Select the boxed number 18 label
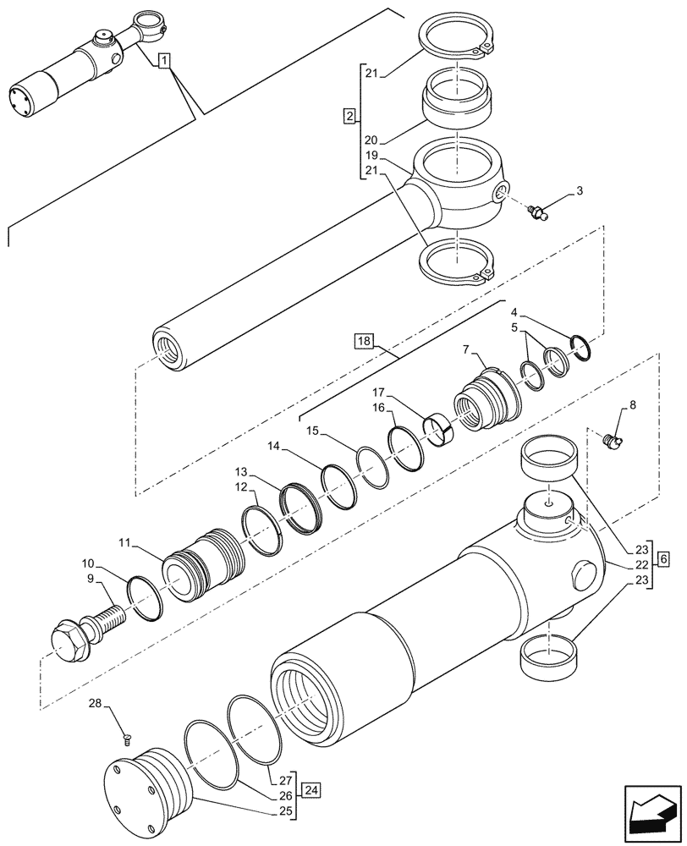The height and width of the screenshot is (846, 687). point(364,341)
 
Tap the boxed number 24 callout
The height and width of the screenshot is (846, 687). point(312,790)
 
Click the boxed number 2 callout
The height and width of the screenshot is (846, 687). point(349,115)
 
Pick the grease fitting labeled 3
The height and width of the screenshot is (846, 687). point(538,211)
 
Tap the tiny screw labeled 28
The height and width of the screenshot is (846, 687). point(126,740)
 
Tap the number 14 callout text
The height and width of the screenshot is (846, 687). point(272,445)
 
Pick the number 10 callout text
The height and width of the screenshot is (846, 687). point(88,563)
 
